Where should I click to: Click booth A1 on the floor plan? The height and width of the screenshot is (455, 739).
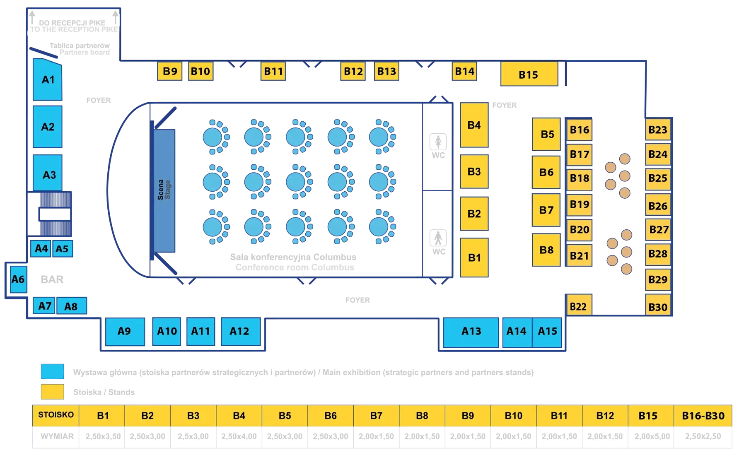(x=48, y=79)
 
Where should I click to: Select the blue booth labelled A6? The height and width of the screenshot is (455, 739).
(x=18, y=279)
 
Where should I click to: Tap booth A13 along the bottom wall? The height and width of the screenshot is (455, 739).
(x=471, y=331)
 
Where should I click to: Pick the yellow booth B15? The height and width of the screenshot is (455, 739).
(x=529, y=75)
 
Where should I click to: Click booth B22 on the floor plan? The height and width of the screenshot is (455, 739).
(x=578, y=306)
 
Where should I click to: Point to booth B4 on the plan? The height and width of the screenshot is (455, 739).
(x=474, y=125)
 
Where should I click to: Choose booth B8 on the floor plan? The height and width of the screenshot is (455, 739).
(x=546, y=250)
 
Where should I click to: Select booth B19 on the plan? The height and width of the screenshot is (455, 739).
(x=579, y=205)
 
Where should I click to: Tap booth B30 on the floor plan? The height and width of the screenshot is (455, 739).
(x=658, y=307)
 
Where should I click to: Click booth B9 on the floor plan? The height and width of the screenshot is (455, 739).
(x=170, y=71)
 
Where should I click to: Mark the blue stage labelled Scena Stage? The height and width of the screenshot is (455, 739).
(x=164, y=190)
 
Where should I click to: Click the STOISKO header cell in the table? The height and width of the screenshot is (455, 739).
(x=56, y=415)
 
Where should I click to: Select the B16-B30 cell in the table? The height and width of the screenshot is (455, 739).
(x=703, y=416)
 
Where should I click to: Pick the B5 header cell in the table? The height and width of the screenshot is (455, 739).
(x=285, y=416)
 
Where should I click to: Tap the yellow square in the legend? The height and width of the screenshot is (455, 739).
(x=53, y=392)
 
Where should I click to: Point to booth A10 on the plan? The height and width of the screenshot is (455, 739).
(x=167, y=331)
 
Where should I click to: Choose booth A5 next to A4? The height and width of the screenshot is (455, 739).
(x=62, y=249)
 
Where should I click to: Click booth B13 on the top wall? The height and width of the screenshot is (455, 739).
(x=386, y=71)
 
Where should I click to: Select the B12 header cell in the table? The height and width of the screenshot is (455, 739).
(x=605, y=416)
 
